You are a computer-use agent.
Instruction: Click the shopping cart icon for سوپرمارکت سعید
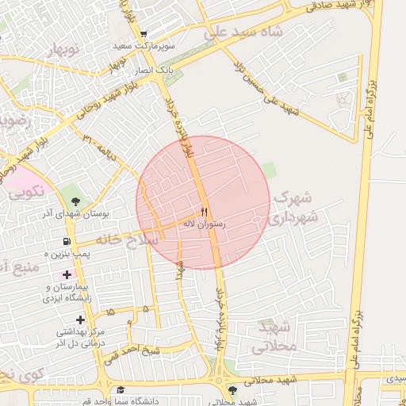143,34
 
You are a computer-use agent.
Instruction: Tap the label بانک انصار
153,71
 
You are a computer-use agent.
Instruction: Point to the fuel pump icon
65,242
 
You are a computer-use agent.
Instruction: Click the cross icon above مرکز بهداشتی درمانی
80,319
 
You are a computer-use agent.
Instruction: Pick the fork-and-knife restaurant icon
204,212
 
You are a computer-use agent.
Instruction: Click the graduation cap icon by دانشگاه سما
121,389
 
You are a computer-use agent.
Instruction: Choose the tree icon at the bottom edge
232,390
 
